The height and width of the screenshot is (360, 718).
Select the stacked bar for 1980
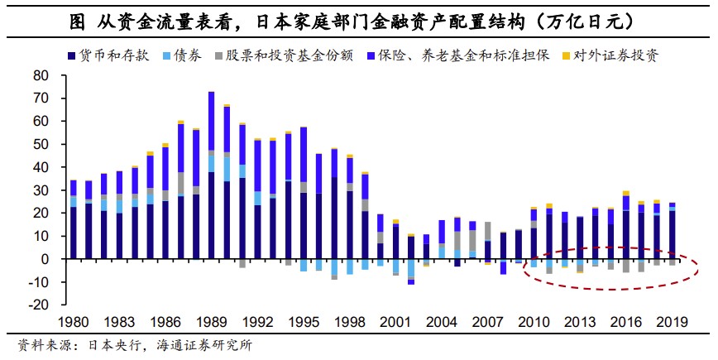pyautogui.click(x=73, y=219)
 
